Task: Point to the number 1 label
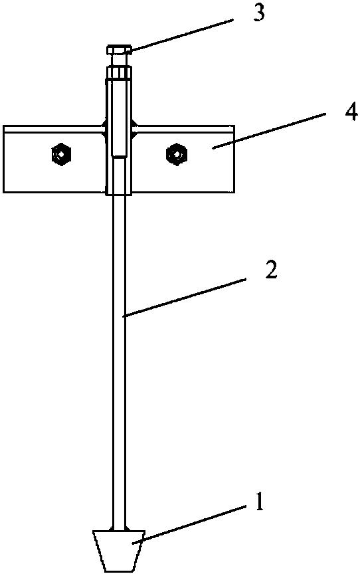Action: tap(259, 502)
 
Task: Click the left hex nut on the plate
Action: tap(61, 155)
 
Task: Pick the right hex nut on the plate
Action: tap(177, 155)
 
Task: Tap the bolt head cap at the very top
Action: tap(118, 49)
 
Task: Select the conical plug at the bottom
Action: tap(118, 551)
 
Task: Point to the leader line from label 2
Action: tap(185, 297)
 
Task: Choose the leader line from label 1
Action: tap(189, 524)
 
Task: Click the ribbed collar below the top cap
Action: tap(118, 72)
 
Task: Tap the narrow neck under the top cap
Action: tap(118, 60)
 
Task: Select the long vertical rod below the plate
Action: tap(119, 363)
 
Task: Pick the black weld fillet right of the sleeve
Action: tap(134, 128)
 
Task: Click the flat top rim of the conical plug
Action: tap(118, 532)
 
